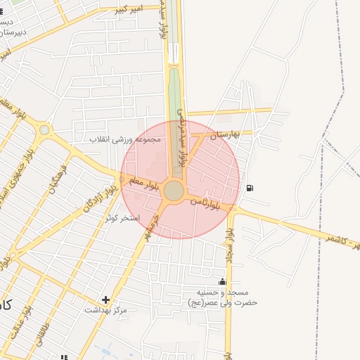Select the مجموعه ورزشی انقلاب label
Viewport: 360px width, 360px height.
tap(125, 139)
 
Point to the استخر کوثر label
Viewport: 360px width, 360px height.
tap(122, 219)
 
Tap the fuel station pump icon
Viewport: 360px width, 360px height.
tap(251, 188)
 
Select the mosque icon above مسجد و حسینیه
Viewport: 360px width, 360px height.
tap(223, 283)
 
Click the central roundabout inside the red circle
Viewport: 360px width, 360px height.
tap(174, 191)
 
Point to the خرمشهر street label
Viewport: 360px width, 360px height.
tap(157, 224)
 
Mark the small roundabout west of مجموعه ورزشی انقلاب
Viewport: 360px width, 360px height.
tap(45, 129)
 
